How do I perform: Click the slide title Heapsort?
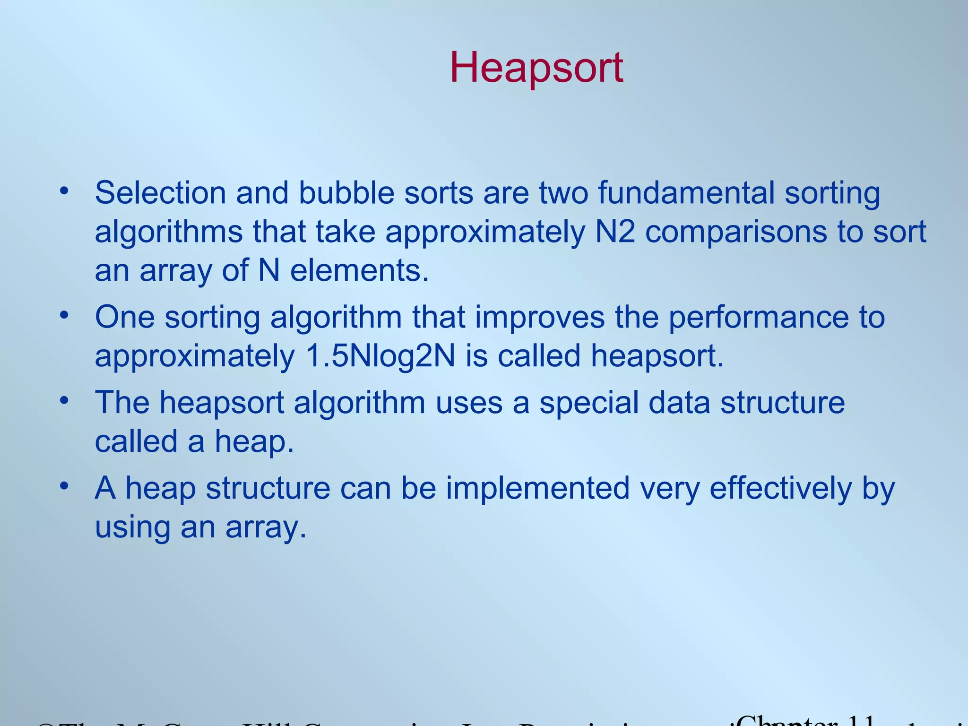536,68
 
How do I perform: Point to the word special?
589,403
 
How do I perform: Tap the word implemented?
537,488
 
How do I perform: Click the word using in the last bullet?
132,527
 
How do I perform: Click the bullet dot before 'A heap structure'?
64,486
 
